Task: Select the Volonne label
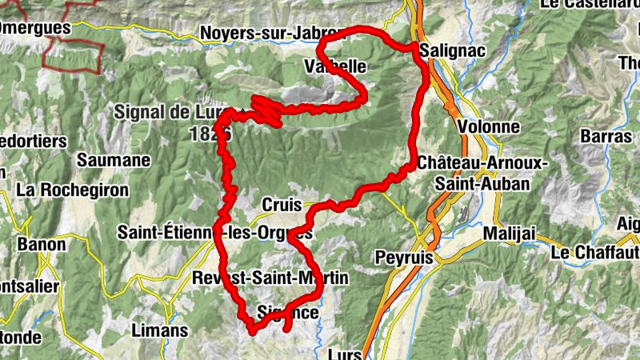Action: pos(489,127)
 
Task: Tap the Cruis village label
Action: pos(280,206)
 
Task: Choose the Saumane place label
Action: pos(113,160)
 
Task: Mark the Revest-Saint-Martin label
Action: pos(270,278)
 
